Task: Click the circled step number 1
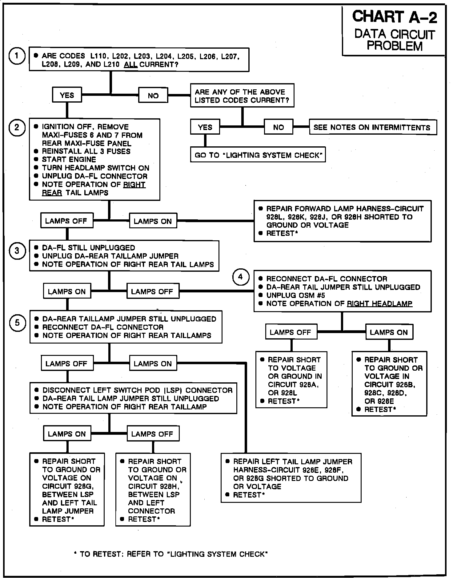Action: click(17, 56)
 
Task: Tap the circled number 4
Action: click(240, 277)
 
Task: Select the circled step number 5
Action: click(17, 323)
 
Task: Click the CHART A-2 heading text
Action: click(394, 17)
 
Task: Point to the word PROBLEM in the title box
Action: click(395, 46)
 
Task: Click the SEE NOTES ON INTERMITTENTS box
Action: click(373, 127)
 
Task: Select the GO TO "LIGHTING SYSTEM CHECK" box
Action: click(258, 155)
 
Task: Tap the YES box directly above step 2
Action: click(67, 95)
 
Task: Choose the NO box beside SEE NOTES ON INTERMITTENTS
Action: click(279, 127)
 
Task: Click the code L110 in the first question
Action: click(98, 56)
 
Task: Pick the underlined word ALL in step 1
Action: click(130, 65)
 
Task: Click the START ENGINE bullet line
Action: click(69, 160)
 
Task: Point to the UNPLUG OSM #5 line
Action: click(295, 295)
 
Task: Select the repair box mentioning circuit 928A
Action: click(291, 380)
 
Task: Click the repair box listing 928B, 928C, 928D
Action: click(389, 384)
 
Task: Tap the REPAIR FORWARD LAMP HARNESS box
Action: click(342, 221)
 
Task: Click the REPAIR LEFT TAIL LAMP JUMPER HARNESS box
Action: click(291, 478)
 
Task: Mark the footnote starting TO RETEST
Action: click(171, 554)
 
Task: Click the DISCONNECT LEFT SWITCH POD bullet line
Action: click(137, 390)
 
